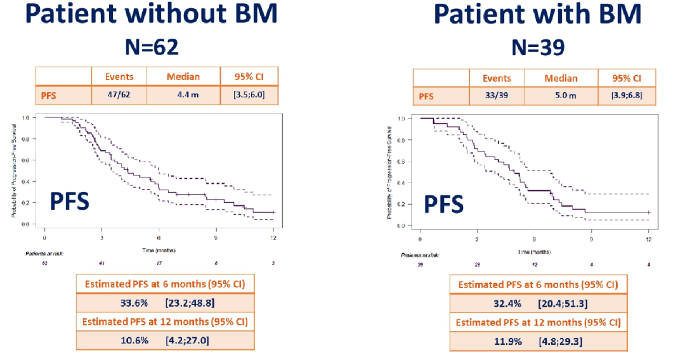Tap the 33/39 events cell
pos(497,97)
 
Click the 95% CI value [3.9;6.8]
pos(626,97)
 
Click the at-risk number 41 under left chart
pos(101,262)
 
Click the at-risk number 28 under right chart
pos(476,264)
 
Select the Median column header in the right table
pos(561,79)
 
